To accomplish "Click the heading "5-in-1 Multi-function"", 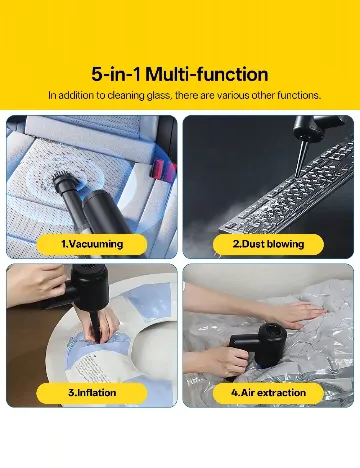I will click(x=180, y=74).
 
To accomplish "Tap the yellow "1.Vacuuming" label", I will click(x=92, y=243).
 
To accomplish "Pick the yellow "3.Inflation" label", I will click(x=92, y=392).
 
